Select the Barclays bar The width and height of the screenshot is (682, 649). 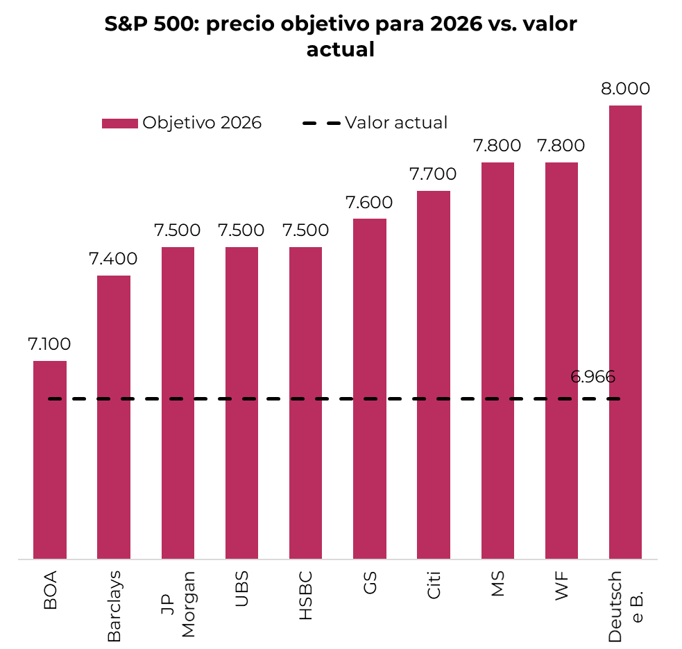(x=114, y=416)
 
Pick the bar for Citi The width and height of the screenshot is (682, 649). (x=434, y=375)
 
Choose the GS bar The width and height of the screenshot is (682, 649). (x=370, y=389)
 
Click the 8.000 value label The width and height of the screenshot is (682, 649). (x=625, y=89)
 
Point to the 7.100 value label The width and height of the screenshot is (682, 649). (x=50, y=344)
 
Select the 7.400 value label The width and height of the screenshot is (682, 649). (x=113, y=259)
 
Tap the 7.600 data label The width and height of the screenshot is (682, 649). (x=369, y=203)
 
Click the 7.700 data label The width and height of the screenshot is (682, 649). (x=433, y=174)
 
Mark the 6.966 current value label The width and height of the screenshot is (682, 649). (x=593, y=378)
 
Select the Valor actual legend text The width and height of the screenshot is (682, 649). (x=396, y=123)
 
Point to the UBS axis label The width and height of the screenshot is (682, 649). (x=241, y=589)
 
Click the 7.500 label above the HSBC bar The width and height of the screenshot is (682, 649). (x=305, y=230)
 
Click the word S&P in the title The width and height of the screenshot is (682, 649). (x=128, y=25)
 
